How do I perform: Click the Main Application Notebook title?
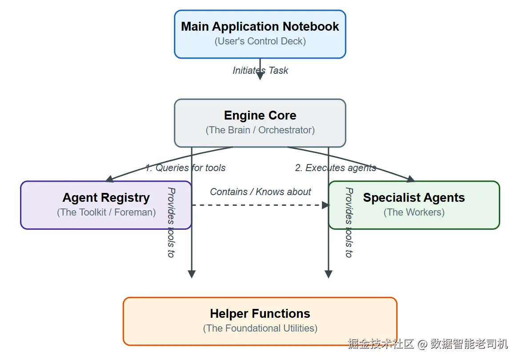[260, 27]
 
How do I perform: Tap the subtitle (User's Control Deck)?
[260, 41]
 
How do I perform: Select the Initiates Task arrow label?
[261, 70]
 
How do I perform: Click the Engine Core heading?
[260, 116]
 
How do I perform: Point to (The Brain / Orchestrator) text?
[260, 130]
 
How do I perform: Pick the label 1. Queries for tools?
[185, 168]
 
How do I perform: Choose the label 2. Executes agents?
[335, 168]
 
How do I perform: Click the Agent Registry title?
[106, 198]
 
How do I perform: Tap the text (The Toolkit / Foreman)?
[106, 212]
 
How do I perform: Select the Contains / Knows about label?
[260, 192]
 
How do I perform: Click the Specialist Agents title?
[414, 198]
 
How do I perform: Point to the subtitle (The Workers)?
[414, 212]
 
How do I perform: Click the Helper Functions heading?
[260, 314]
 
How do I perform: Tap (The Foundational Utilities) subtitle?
[260, 328]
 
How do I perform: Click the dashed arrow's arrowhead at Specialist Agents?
[326, 205]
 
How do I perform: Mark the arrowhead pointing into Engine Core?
[260, 76]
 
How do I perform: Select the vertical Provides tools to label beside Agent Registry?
[171, 222]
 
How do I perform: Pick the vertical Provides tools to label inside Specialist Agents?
[349, 222]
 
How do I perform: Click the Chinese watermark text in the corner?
[427, 344]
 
